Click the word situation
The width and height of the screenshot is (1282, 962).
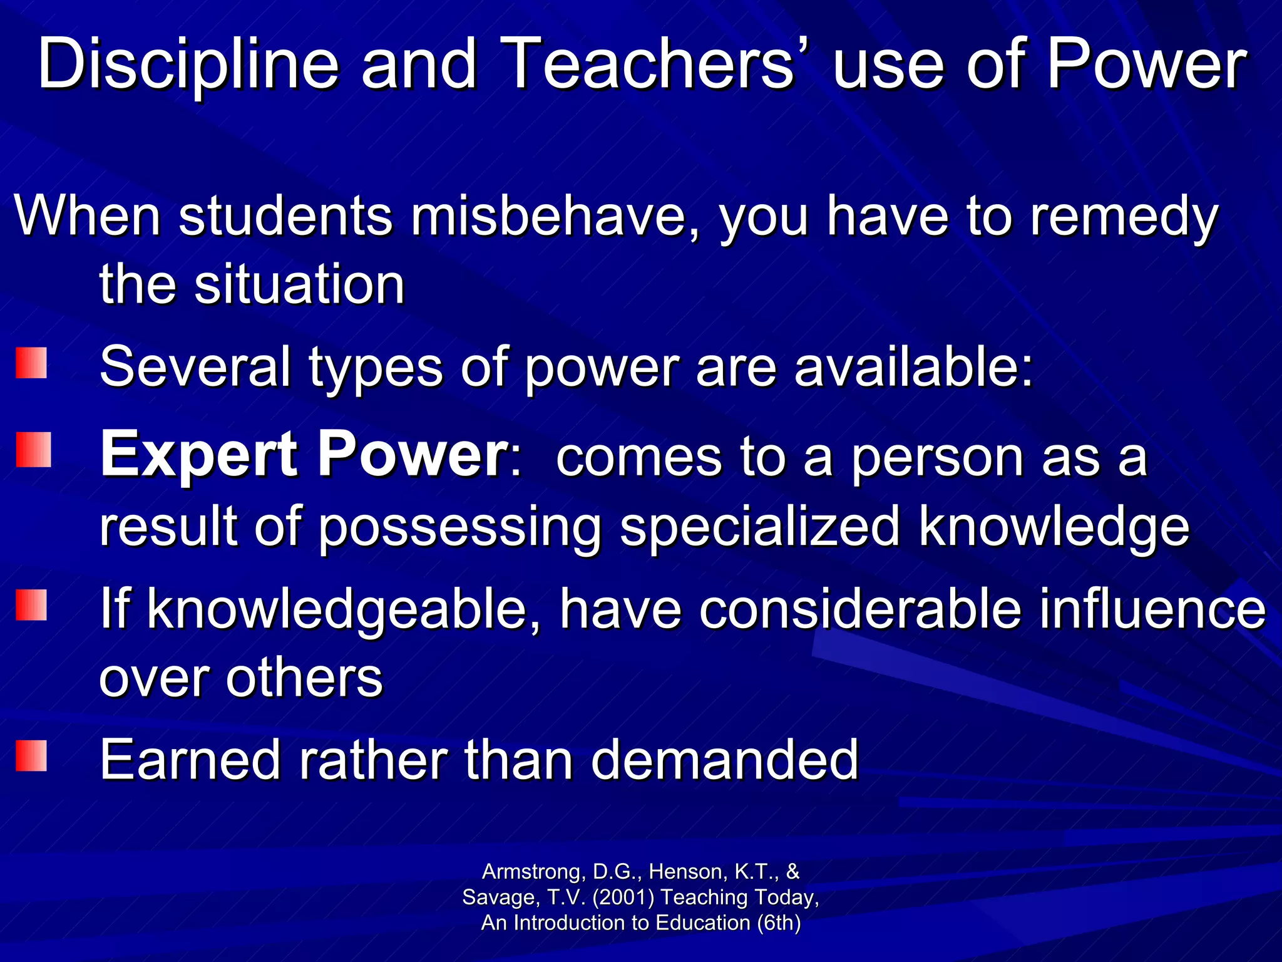[x=299, y=285]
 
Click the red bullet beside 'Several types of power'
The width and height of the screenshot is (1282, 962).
[x=31, y=363]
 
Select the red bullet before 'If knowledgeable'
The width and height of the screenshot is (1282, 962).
[x=31, y=605]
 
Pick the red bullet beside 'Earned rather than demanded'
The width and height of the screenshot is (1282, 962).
[x=31, y=755]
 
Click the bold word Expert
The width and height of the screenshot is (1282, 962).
[x=199, y=455]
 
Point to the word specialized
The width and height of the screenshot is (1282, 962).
[x=761, y=527]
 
